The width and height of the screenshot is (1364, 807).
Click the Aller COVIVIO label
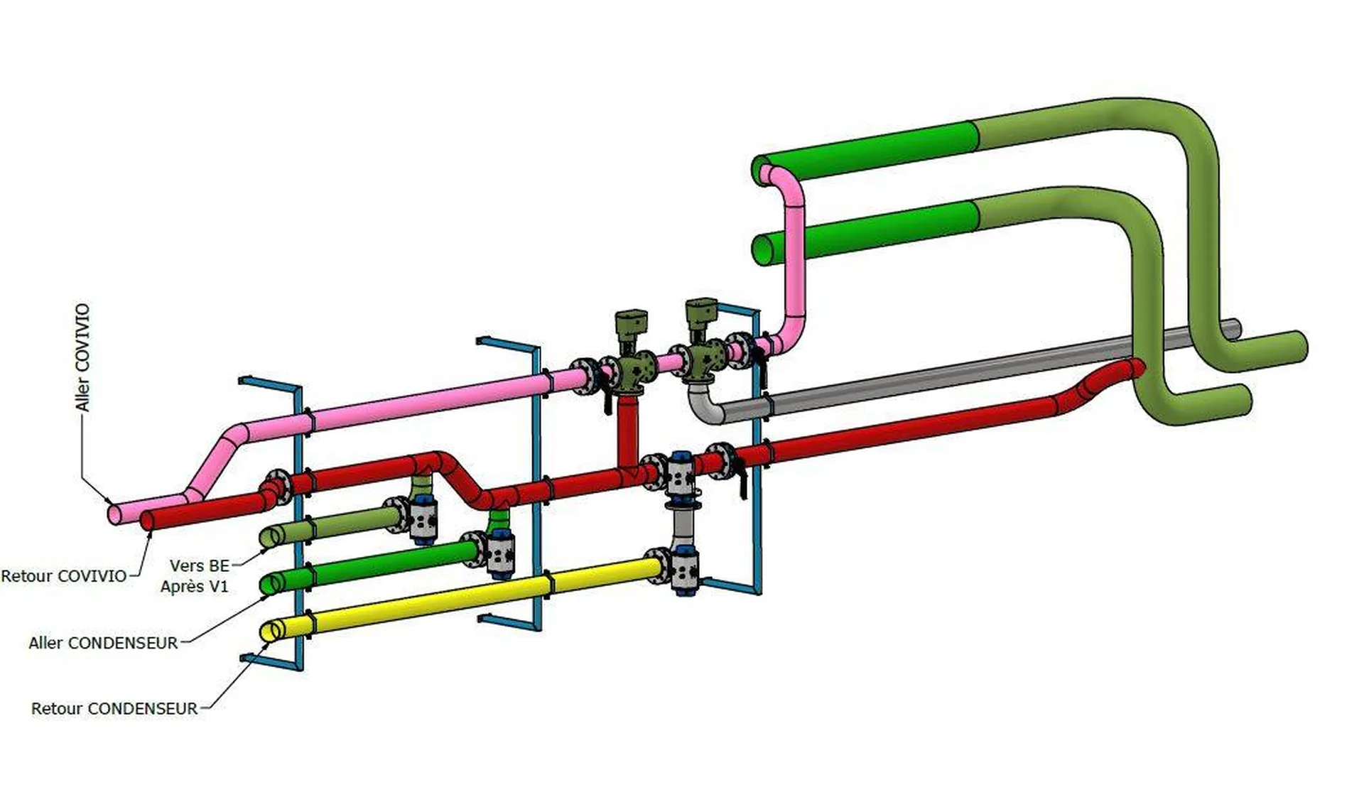click(83, 357)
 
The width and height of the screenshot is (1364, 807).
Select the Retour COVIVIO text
click(64, 576)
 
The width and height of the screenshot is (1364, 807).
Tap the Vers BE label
click(199, 566)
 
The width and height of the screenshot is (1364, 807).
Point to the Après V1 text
click(194, 587)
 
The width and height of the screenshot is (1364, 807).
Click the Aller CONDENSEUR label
click(103, 644)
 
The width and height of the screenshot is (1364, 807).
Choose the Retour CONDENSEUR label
click(114, 709)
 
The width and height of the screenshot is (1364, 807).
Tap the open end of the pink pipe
click(114, 513)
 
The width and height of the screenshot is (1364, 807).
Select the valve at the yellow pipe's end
click(682, 572)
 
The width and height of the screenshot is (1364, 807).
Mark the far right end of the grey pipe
click(1235, 329)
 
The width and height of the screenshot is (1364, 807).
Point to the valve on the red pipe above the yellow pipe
click(681, 472)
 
